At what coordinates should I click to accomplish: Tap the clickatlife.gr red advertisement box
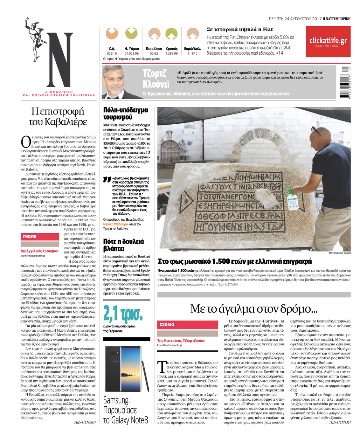(328, 42)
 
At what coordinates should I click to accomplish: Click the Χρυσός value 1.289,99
(172, 54)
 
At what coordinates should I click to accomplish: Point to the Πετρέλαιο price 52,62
(154, 54)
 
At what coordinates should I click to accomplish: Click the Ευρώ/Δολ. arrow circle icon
(192, 34)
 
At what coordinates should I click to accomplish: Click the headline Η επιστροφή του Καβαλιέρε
(58, 117)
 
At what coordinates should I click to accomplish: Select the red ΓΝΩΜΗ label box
(40, 236)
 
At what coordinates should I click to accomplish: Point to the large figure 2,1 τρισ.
(123, 314)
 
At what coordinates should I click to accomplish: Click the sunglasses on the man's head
(316, 131)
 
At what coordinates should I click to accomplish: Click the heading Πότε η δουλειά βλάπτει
(124, 245)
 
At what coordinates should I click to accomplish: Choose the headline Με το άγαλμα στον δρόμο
(254, 309)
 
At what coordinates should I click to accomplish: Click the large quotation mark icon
(107, 180)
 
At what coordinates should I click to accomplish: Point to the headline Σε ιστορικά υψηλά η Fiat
(240, 29)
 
